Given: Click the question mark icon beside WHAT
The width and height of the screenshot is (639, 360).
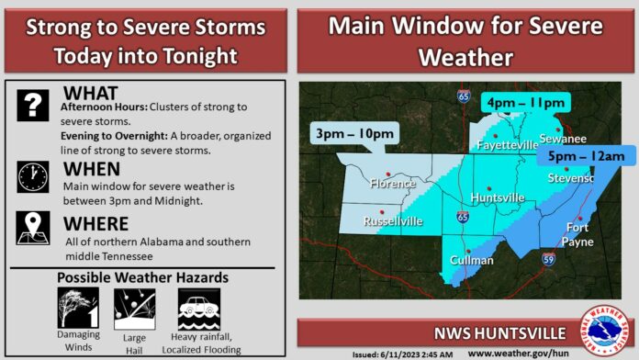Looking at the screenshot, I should point(33,107).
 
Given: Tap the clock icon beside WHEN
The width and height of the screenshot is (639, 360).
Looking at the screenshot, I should point(33,176).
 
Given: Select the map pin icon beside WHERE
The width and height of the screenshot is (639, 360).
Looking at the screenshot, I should point(33,228).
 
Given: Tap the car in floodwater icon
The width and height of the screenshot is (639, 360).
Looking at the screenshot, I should point(199,308).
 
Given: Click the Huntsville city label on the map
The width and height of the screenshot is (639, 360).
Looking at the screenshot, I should point(497,197).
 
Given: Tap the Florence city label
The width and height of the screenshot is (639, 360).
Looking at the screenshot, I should point(392,184).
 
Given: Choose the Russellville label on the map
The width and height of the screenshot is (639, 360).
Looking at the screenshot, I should point(393,221).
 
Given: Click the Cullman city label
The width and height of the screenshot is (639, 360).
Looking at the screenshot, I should point(472,260).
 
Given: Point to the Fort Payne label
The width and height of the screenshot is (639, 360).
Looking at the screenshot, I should point(577,234).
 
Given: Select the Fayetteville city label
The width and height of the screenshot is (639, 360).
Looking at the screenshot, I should point(505,145).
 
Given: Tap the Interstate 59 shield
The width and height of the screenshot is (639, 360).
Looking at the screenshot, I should point(548,260).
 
